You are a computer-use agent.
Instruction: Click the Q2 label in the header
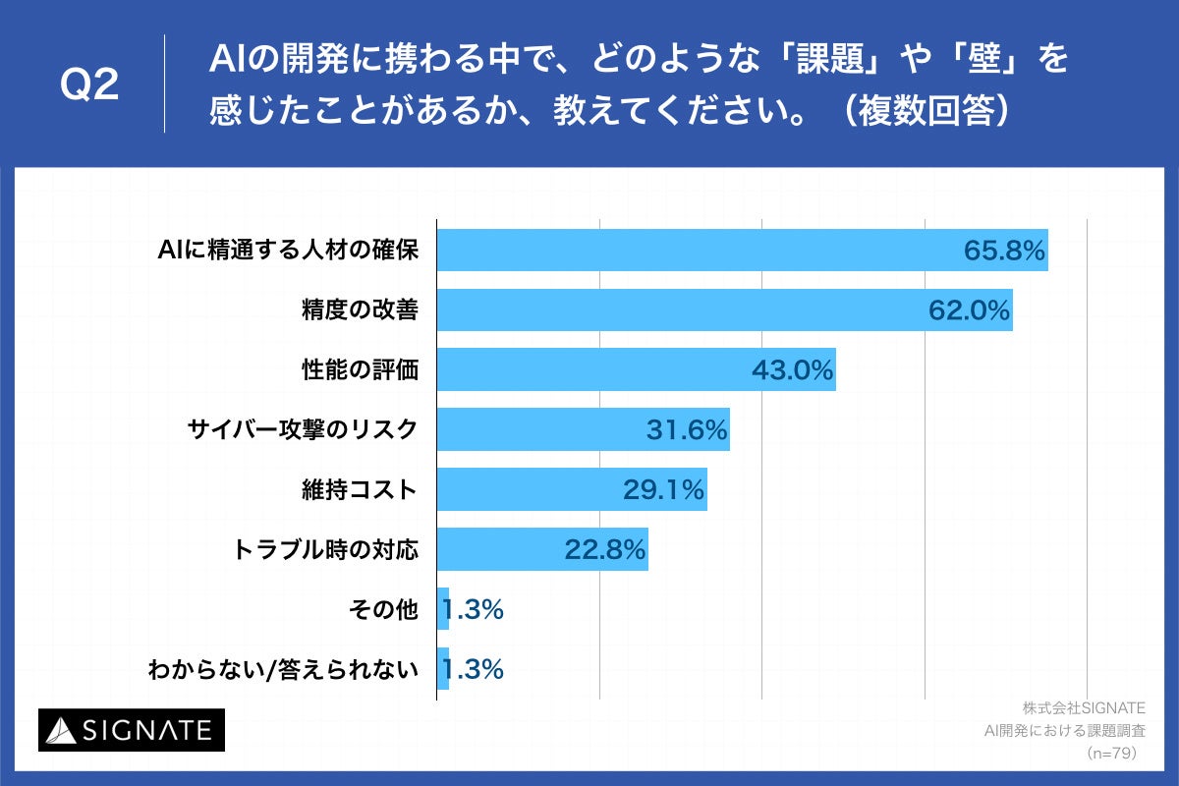(89, 85)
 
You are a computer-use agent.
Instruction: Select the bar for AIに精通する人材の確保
(688, 251)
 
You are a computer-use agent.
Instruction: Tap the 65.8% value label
(1003, 251)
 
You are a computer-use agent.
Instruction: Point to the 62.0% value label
(969, 310)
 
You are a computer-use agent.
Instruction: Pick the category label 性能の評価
(360, 370)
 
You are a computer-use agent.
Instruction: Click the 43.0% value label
(792, 370)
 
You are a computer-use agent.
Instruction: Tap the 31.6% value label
(686, 429)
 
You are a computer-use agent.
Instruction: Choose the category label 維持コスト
(360, 489)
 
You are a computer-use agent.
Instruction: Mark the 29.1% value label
(663, 489)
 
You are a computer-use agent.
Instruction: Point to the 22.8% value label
(604, 549)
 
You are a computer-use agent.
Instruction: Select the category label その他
(383, 609)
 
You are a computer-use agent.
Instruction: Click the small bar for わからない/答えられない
(443, 669)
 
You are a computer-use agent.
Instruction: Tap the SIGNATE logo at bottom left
(132, 730)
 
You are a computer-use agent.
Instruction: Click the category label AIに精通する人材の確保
(289, 251)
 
